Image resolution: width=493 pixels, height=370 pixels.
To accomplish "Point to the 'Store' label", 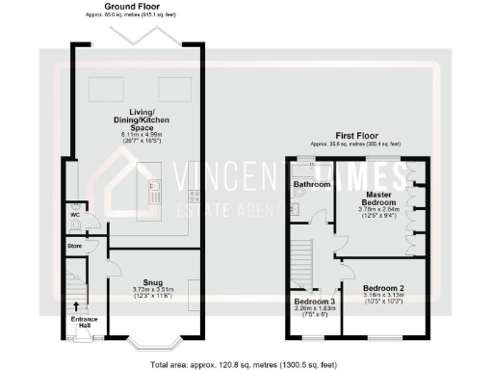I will (75, 247).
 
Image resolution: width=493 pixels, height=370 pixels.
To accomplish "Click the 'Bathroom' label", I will (312, 183).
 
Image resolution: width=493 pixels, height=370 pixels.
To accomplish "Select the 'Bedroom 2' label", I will (381, 288).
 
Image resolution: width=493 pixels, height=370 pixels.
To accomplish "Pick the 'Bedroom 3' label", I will (313, 301).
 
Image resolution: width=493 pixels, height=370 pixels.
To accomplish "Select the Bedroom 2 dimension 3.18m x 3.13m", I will (381, 296).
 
